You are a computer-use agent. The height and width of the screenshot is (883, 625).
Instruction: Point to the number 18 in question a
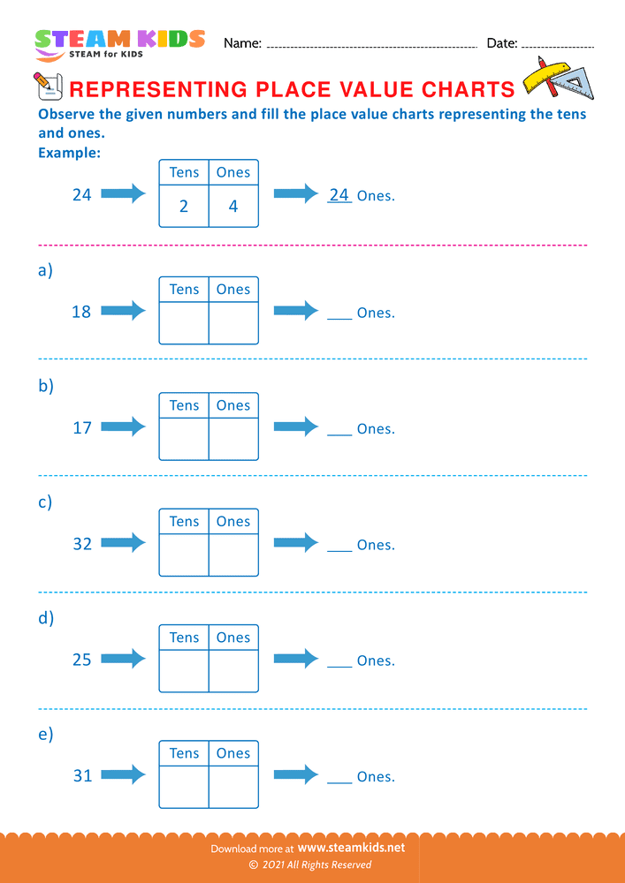coord(81,312)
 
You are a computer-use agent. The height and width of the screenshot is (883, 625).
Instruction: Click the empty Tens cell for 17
coord(184,439)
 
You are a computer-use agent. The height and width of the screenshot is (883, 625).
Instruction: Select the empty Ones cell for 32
coord(233,555)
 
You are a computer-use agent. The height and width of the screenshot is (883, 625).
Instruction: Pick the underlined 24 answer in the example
coord(339,194)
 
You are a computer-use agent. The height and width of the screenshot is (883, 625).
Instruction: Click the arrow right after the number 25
coord(123,659)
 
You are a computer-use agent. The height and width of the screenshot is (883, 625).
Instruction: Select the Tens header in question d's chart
coord(184,638)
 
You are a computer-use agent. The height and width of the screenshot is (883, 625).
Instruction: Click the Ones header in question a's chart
coord(233,290)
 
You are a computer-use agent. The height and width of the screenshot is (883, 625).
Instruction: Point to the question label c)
coord(45,502)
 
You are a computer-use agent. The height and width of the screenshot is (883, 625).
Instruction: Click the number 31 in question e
coord(82,776)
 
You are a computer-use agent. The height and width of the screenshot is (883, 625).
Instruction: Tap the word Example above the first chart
coord(69,153)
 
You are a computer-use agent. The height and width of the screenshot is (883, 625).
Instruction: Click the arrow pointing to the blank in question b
coord(295,427)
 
